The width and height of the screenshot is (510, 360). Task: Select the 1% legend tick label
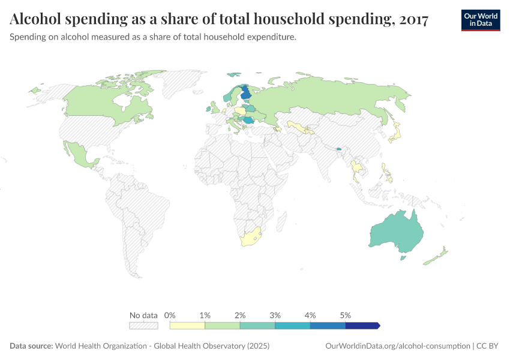(205, 315)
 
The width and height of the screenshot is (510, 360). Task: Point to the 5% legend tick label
(345, 315)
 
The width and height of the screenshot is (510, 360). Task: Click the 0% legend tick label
(170, 315)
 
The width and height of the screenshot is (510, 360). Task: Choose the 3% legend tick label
(275, 315)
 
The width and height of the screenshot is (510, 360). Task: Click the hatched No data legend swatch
(143, 326)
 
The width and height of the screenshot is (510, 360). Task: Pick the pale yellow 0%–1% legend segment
(187, 326)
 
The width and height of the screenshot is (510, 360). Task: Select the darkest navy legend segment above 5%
(362, 326)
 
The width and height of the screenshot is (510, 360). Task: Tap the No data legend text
(143, 315)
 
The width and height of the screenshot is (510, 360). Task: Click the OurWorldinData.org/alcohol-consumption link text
(397, 346)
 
